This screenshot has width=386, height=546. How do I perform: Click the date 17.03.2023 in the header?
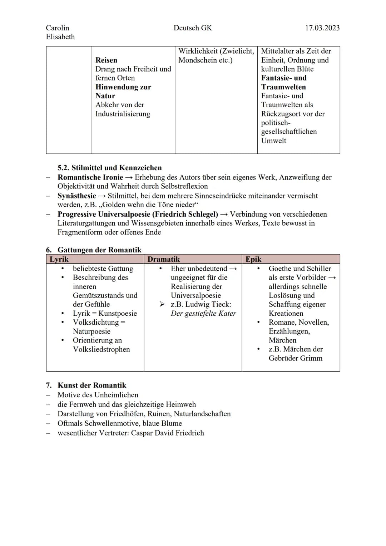tap(322, 28)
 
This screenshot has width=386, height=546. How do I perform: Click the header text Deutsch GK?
tap(193, 28)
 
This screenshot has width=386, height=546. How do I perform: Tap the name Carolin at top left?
tap(58, 28)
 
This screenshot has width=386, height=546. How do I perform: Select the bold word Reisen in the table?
tap(106, 60)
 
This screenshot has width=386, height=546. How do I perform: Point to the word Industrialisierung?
tap(123, 114)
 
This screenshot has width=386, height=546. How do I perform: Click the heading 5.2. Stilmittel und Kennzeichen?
tap(109, 168)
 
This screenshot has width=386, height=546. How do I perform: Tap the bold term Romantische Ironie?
tap(90, 177)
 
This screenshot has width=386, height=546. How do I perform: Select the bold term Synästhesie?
tap(77, 196)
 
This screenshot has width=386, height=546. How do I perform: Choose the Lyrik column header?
tap(59, 259)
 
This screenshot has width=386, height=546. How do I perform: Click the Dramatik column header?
tap(164, 259)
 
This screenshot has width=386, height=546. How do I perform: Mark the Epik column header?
tap(253, 259)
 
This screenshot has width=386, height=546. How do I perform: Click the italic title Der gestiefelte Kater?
tap(203, 314)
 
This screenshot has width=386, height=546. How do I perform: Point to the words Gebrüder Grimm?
tap(295, 358)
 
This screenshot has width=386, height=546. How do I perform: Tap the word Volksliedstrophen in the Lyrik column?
tap(101, 349)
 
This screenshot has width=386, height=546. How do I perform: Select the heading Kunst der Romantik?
tap(92, 385)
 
